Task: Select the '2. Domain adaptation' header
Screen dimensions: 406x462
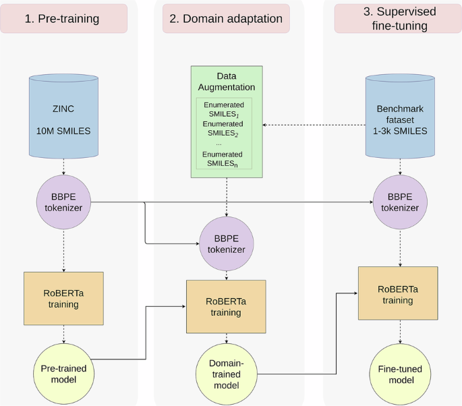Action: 226,19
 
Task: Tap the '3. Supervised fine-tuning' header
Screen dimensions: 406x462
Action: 394,19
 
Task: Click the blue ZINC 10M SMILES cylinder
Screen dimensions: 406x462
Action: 63,116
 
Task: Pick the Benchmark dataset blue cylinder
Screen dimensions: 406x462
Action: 401,116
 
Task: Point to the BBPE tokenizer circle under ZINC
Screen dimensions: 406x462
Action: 63,202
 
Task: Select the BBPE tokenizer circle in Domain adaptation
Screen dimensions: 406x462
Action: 226,243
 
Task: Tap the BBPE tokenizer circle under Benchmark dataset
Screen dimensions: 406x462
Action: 401,202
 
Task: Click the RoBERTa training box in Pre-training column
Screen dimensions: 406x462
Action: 63,299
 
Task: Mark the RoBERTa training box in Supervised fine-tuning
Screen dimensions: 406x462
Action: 397,293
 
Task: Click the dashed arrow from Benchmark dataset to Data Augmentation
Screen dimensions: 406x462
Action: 314,125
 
